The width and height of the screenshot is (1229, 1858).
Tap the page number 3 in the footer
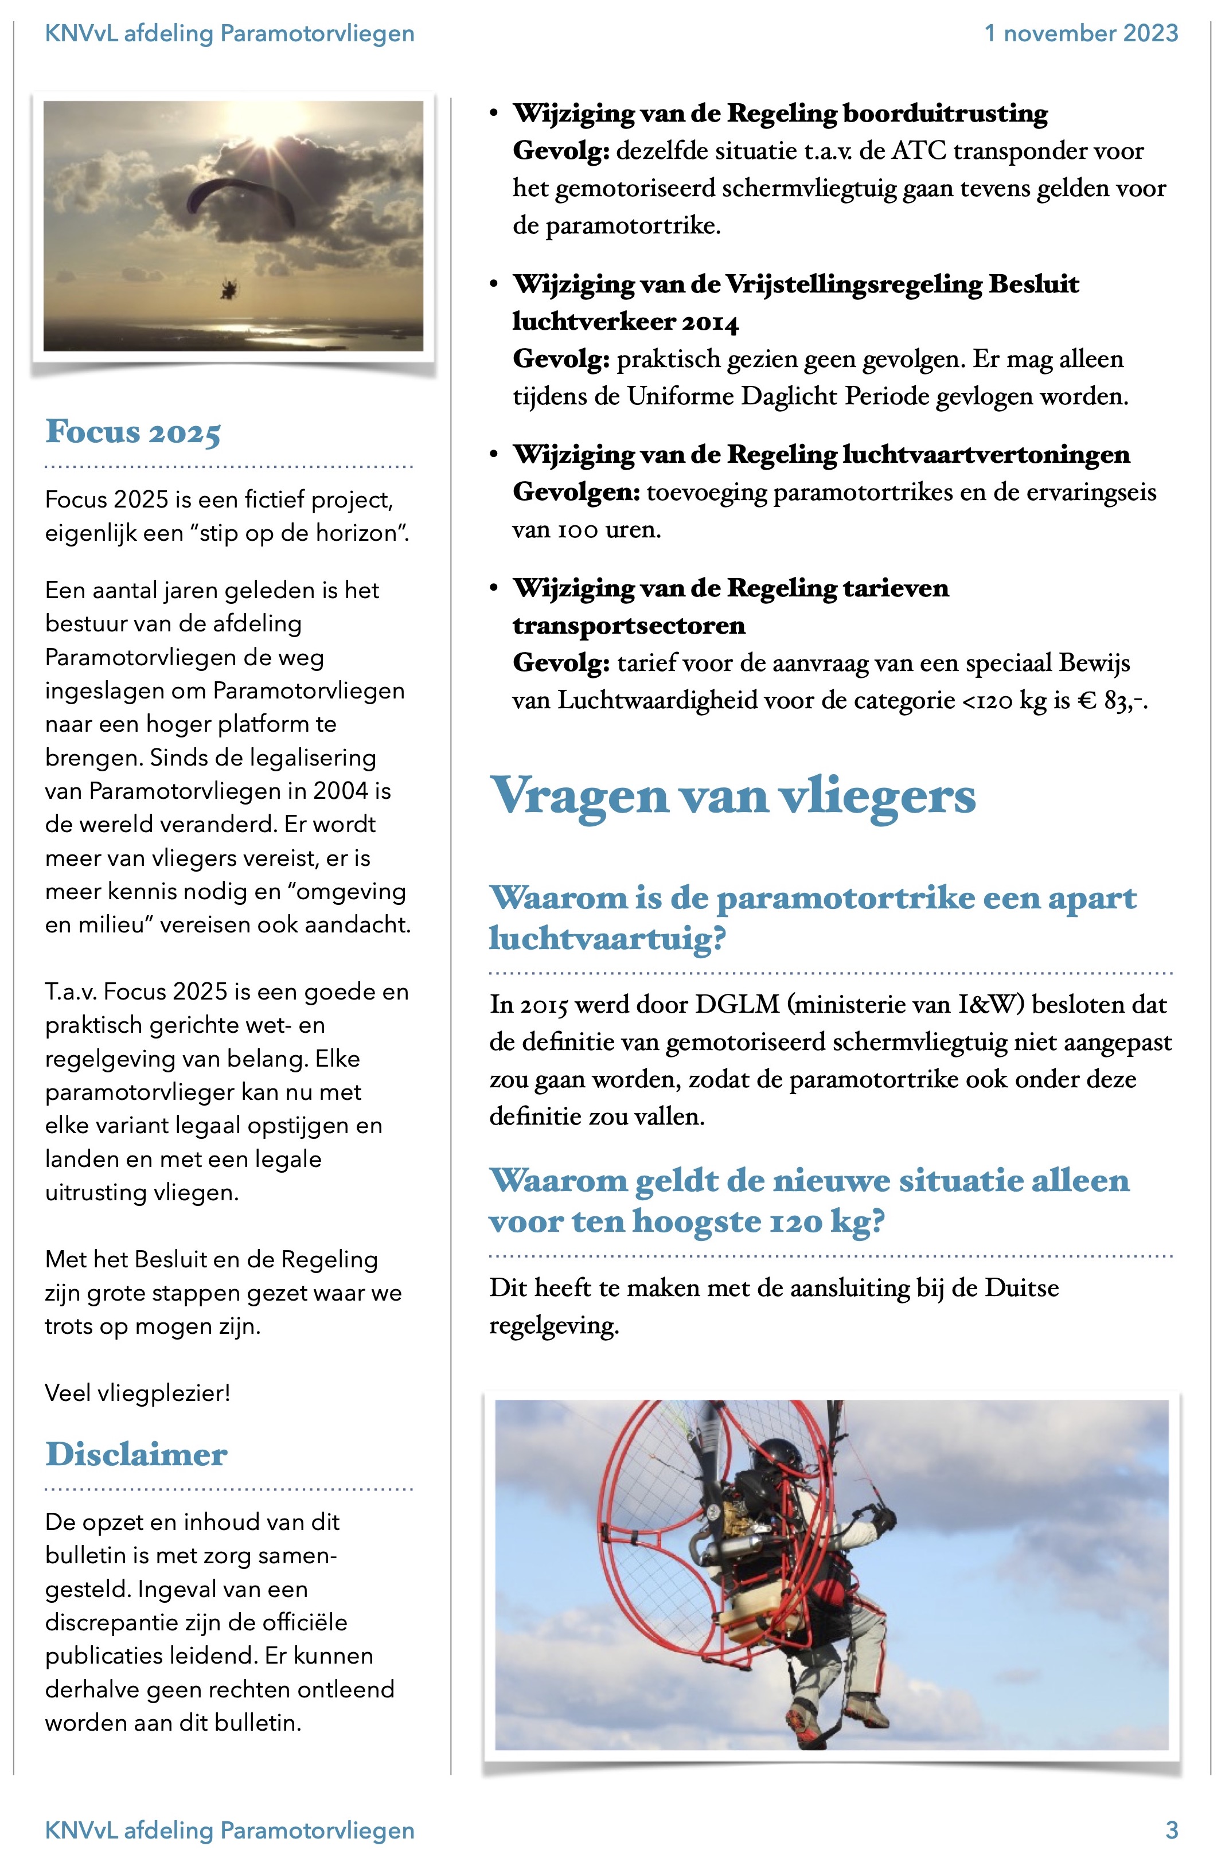point(1171,1830)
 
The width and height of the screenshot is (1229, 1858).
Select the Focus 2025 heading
point(133,432)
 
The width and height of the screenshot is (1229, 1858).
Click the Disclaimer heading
point(136,1454)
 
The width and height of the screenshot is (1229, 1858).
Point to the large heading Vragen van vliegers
point(733,796)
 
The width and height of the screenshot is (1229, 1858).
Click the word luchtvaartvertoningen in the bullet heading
point(985,455)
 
